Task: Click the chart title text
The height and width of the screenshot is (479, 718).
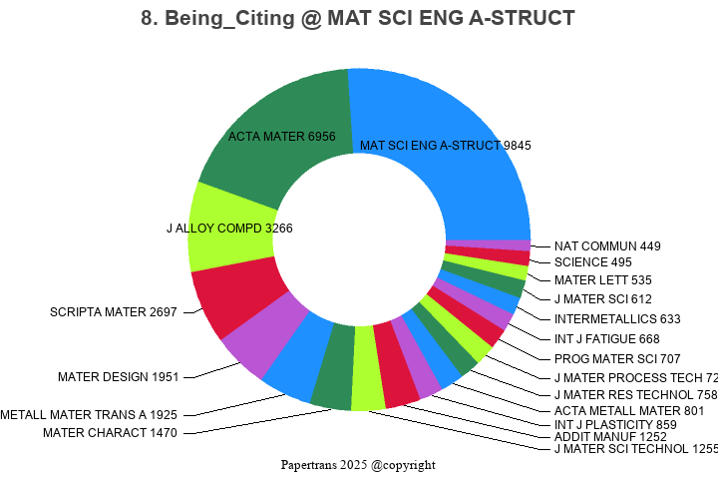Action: click(359, 18)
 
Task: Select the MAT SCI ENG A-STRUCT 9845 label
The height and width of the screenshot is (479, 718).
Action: click(445, 146)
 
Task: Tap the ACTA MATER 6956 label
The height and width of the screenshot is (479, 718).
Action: click(281, 136)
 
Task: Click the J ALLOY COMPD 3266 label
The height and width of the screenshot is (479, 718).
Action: click(229, 229)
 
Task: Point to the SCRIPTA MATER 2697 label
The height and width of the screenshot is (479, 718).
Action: click(113, 312)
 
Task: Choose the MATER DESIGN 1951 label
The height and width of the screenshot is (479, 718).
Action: click(118, 377)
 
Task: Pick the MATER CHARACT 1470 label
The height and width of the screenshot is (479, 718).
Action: click(110, 433)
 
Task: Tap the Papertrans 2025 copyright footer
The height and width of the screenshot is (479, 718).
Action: click(358, 465)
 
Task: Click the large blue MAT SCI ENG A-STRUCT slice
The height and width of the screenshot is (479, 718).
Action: click(449, 110)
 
